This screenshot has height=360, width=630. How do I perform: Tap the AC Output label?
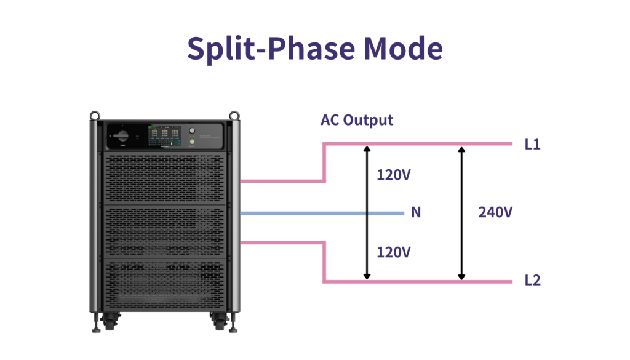point(356,119)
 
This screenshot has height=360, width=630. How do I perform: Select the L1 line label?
point(532,145)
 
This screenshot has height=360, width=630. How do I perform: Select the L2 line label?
point(532,281)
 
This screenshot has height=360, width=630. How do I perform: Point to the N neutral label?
point(416,212)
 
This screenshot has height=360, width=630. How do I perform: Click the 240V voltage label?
point(495,212)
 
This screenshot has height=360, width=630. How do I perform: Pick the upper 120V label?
point(393,175)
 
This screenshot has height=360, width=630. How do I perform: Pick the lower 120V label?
point(393,252)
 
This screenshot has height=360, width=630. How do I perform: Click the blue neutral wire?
point(320,214)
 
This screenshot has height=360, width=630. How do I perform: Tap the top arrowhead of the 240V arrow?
point(461,150)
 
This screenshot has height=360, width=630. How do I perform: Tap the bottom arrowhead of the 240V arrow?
point(461,278)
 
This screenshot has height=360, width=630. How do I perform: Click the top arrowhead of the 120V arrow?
point(367,150)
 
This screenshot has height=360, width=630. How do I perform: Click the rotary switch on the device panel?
point(121,134)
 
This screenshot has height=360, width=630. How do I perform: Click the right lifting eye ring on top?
point(234,114)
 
